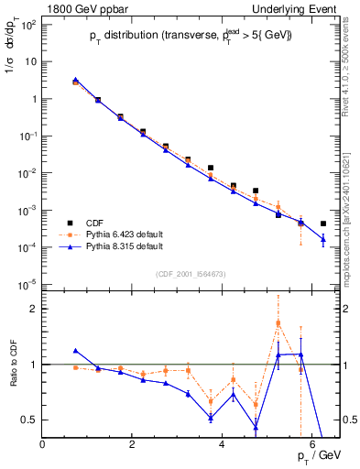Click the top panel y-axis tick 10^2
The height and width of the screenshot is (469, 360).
[27, 24]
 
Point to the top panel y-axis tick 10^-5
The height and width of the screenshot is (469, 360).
[27, 284]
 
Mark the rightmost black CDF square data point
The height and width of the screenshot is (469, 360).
[323, 223]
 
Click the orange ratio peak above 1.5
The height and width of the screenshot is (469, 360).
[278, 322]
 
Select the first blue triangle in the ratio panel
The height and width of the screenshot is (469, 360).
[76, 351]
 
